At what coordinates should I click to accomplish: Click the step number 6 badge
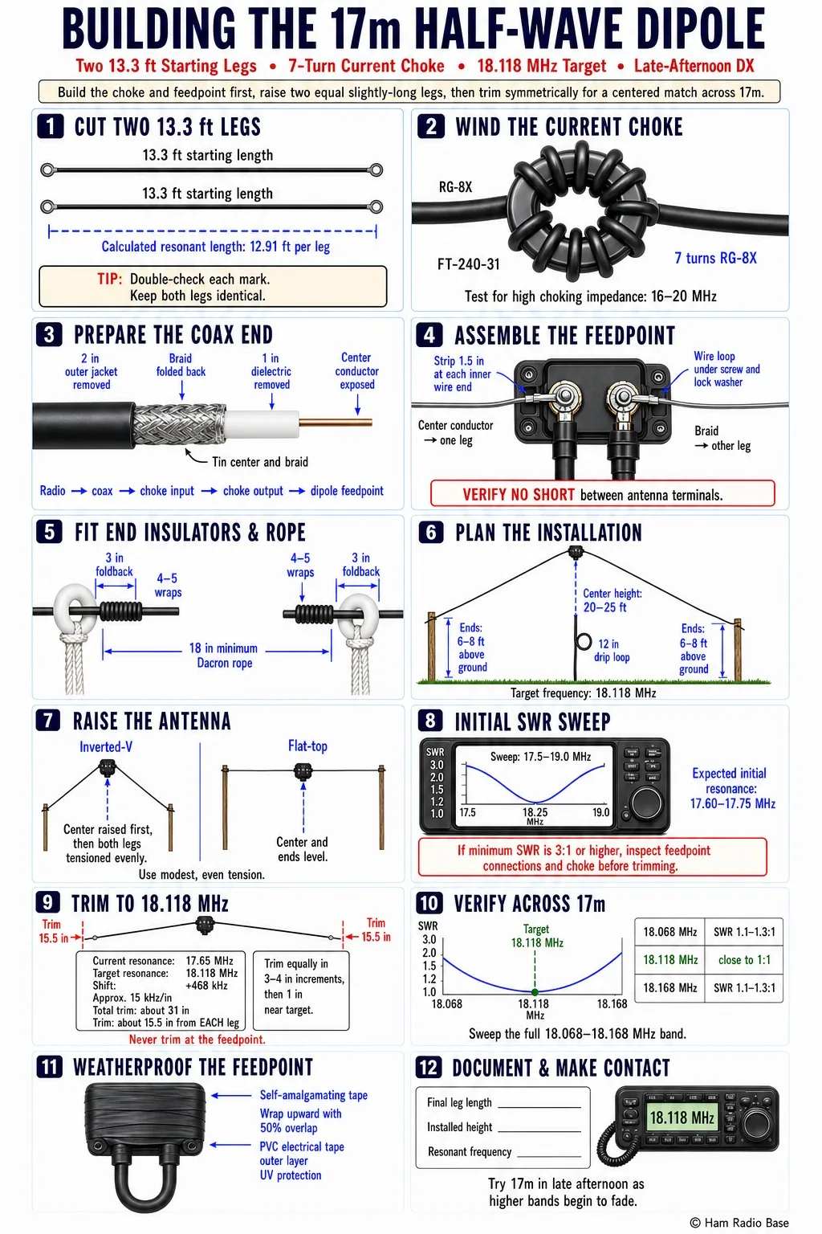coord(431,532)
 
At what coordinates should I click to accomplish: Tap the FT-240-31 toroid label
coord(469,264)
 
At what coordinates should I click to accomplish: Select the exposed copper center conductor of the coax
coord(336,423)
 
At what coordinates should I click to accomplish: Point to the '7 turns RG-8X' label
coord(716,258)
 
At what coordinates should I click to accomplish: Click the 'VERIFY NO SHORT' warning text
coord(519,495)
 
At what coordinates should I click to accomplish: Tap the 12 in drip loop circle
coord(584,642)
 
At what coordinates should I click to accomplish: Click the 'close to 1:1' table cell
coord(744,960)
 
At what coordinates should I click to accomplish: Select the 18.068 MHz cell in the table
coord(670,932)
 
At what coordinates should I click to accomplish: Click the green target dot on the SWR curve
coord(535,992)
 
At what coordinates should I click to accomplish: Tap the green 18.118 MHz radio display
coord(682,1118)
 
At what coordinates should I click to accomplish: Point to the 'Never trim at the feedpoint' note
coord(197,1039)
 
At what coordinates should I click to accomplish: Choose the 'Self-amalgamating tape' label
coord(314,1095)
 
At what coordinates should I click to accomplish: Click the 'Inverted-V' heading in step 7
coord(106,746)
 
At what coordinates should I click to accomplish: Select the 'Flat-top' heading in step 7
coord(307,746)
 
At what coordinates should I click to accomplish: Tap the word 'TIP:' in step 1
coord(109,279)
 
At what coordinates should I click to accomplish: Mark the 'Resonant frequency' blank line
coord(549,1156)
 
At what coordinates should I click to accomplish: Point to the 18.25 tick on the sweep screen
coord(535,812)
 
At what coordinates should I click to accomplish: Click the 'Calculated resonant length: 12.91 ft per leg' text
coord(216,247)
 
